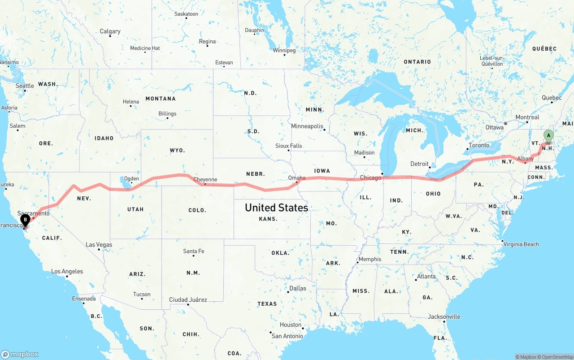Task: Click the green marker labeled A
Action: click(548, 136)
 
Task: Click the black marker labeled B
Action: click(26, 220)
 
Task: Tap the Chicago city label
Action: click(370, 178)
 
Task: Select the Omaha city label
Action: click(296, 178)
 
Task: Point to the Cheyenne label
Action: click(205, 179)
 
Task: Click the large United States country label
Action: click(276, 208)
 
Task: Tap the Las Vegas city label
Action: click(99, 245)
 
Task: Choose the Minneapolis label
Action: click(307, 126)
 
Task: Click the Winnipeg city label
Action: click(284, 50)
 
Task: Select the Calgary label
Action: click(110, 31)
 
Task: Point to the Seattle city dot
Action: click(25, 91)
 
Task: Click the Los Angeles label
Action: click(67, 271)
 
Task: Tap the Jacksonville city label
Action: click(444, 317)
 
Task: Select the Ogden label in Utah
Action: click(131, 178)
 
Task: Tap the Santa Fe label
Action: click(194, 251)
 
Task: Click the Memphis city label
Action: click(370, 259)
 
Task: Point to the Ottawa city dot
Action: click(505, 123)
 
